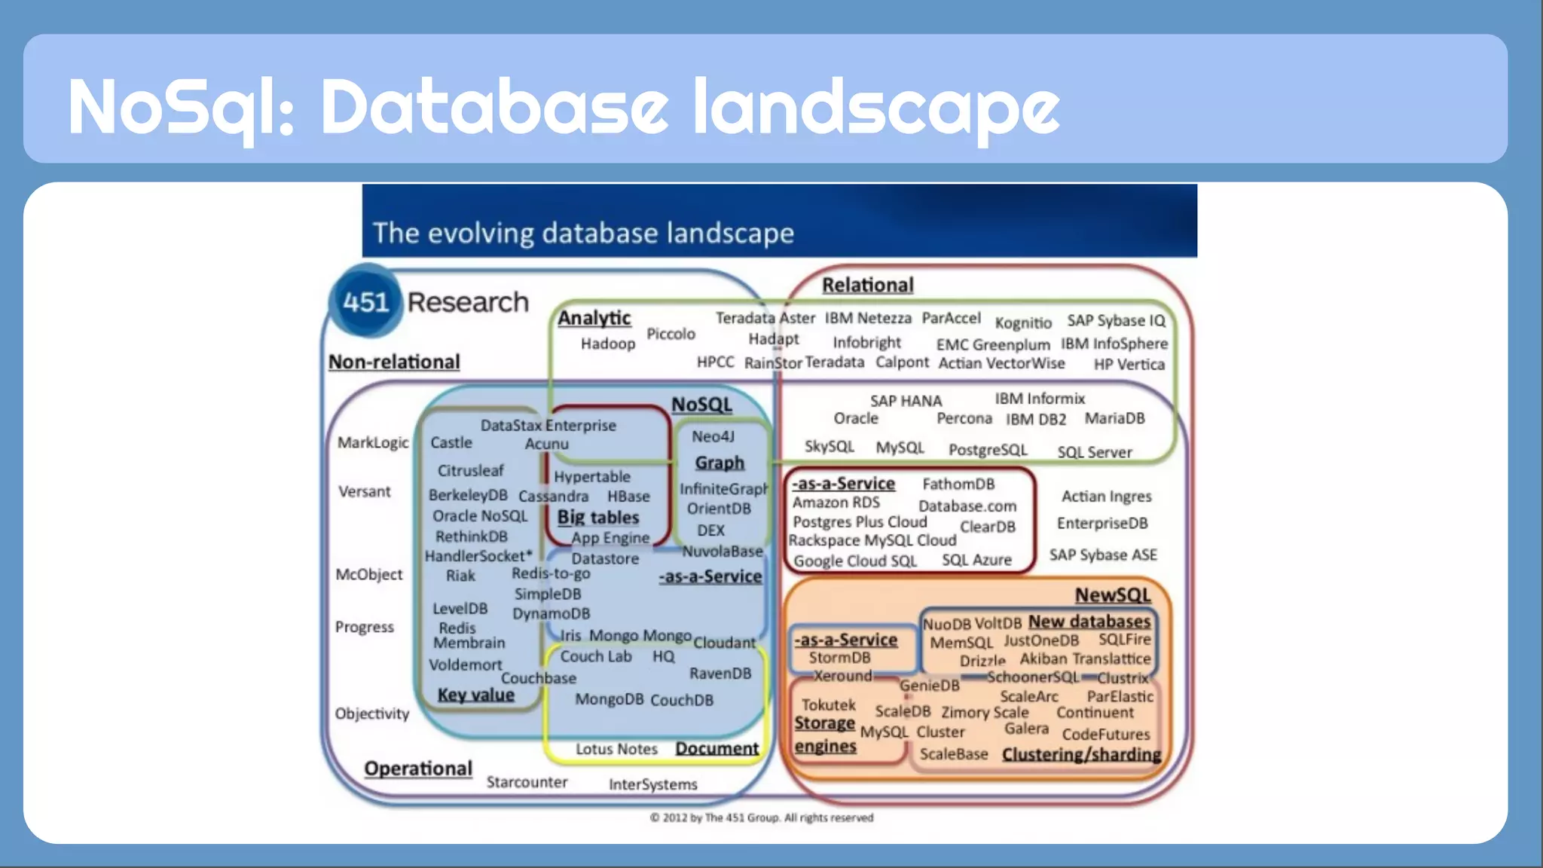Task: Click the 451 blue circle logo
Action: [365, 301]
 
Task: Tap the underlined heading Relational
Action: [867, 285]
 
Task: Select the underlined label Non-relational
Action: [394, 362]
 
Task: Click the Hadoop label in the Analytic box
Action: [608, 344]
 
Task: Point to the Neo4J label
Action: [713, 436]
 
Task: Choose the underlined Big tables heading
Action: [598, 517]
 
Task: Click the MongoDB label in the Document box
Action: [609, 699]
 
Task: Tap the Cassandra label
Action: [553, 496]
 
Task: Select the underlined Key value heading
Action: [475, 695]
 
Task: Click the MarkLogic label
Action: [373, 442]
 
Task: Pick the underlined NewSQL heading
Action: [1112, 594]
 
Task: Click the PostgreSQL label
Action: [988, 450]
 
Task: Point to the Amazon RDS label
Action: [836, 503]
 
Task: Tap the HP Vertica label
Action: [1129, 365]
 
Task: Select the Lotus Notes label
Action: [616, 749]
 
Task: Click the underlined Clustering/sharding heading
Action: [1081, 754]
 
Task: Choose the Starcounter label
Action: [527, 782]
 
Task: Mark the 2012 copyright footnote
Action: [761, 818]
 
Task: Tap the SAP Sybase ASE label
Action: [1103, 555]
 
